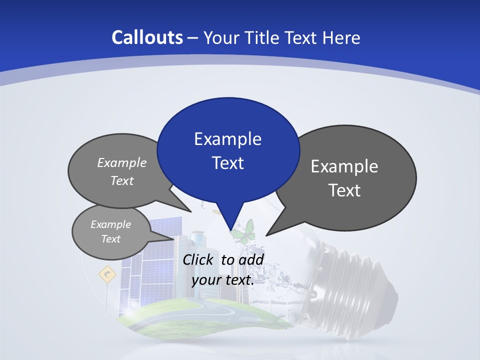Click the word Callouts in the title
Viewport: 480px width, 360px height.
147,37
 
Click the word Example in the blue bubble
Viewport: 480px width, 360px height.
227,139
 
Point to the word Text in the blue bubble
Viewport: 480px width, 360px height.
227,163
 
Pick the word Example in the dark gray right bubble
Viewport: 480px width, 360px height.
344,166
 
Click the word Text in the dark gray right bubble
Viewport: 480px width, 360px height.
344,190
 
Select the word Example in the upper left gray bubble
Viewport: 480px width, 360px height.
122,163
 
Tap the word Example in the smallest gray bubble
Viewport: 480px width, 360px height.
110,224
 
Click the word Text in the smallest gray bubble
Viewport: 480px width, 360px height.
110,239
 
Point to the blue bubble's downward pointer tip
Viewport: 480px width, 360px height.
230,229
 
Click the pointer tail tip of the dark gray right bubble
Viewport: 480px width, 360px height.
267,234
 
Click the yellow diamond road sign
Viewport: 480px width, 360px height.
107,274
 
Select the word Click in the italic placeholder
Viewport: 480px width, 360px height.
198,259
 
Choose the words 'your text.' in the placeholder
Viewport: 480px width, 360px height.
222,280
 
